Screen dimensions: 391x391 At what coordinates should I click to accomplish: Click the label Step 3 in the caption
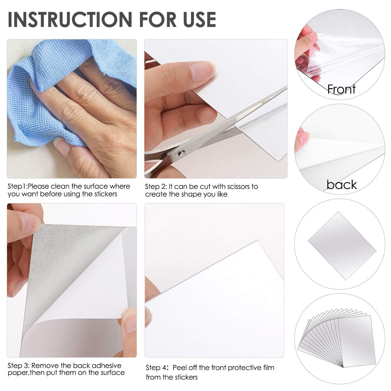(19, 365)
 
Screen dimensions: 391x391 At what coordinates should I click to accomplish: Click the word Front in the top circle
(341, 89)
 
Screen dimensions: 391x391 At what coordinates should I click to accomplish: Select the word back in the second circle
(342, 185)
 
